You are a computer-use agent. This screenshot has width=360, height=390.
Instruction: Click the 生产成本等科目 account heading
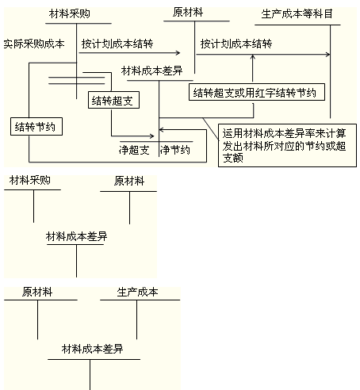click(x=297, y=14)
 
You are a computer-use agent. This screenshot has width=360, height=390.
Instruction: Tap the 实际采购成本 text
click(x=33, y=44)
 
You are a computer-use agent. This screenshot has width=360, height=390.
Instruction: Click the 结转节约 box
click(x=38, y=125)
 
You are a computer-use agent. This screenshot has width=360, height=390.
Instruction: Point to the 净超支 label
click(x=134, y=150)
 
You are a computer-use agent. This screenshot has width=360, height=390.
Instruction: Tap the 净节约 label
click(x=176, y=150)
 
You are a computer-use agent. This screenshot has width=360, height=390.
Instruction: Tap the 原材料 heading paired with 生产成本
click(x=37, y=292)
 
